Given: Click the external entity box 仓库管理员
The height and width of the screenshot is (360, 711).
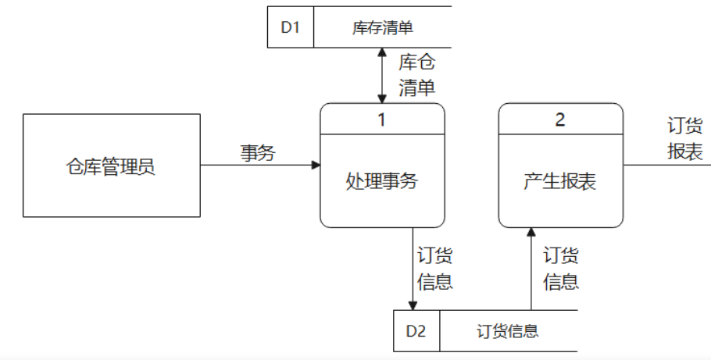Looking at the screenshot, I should pyautogui.click(x=111, y=166).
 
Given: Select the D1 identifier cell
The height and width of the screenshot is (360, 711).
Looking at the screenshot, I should pyautogui.click(x=291, y=28).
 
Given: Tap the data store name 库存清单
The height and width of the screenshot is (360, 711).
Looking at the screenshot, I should pyautogui.click(x=382, y=28).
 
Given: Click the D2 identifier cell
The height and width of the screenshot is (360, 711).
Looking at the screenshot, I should pyautogui.click(x=416, y=330).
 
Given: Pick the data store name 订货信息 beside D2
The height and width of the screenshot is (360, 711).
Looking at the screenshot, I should pyautogui.click(x=507, y=330).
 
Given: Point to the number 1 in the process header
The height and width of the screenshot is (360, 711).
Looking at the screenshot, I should pyautogui.click(x=382, y=119).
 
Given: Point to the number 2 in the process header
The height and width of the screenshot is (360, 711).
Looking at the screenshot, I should pyautogui.click(x=560, y=119).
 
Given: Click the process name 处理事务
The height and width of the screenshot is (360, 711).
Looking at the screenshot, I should pyautogui.click(x=382, y=181).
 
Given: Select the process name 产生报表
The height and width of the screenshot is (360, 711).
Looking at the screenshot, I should pyautogui.click(x=560, y=181).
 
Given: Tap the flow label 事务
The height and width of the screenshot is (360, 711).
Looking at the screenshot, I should pyautogui.click(x=257, y=153).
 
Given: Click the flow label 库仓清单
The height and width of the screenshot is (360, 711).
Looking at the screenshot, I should pyautogui.click(x=416, y=74).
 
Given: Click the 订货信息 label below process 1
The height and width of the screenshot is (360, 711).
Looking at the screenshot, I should pyautogui.click(x=435, y=269).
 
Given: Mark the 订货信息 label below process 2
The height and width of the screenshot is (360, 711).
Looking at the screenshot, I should pyautogui.click(x=560, y=269).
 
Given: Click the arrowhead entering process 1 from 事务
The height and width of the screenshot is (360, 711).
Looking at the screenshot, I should pyautogui.click(x=316, y=165).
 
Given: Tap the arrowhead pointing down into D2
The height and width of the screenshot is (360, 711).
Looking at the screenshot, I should pyautogui.click(x=413, y=305).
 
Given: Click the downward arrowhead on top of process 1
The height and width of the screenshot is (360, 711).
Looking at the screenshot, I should pyautogui.click(x=382, y=98).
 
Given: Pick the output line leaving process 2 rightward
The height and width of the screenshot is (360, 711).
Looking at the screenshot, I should pyautogui.click(x=664, y=165).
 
